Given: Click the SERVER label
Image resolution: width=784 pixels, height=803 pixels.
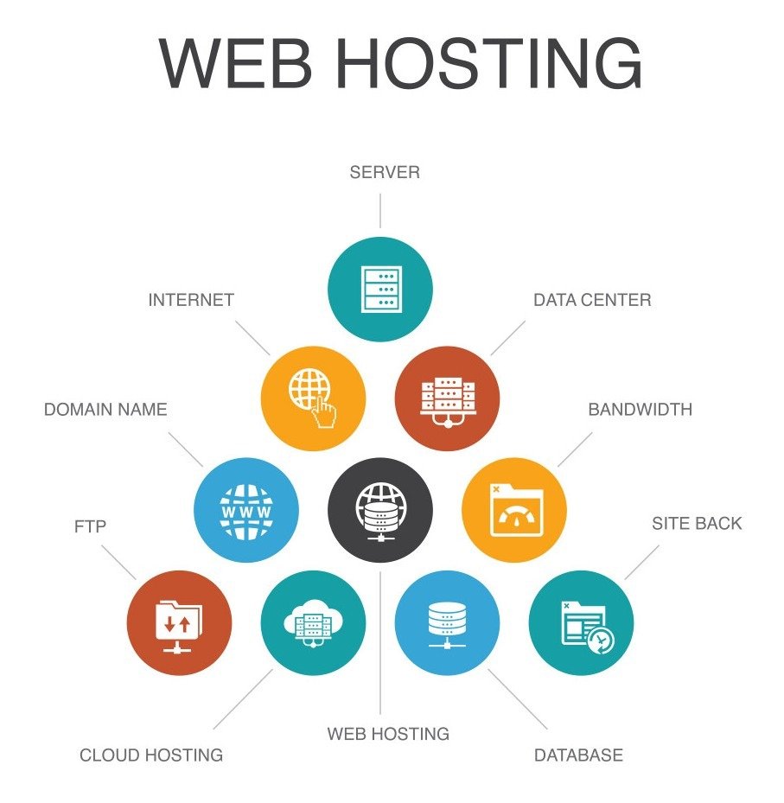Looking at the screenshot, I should pos(385,172).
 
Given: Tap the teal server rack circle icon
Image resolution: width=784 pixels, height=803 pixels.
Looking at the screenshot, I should pos(380,289).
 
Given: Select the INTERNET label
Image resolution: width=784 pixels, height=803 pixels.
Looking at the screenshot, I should pos(191,300).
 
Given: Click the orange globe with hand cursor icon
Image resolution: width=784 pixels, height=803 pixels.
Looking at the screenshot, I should pos(314,398).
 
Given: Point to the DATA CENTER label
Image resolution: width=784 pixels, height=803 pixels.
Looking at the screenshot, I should pos(592,300).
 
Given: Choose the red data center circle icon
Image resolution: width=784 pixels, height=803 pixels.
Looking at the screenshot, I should pos(447,398).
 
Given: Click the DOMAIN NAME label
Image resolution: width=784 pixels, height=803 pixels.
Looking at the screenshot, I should pos(105,409).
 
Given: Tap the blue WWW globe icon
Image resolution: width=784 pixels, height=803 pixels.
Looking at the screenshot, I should pos(246,509).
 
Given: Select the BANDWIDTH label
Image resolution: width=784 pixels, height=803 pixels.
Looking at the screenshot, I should pos(640,409).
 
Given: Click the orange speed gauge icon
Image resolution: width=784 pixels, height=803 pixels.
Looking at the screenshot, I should pos(514,509).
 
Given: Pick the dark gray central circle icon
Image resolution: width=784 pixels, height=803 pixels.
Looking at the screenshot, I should pos(380,509).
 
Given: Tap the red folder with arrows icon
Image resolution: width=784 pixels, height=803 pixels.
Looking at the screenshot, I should pos(179,621).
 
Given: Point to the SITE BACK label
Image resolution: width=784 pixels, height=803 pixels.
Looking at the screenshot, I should pos(697,523).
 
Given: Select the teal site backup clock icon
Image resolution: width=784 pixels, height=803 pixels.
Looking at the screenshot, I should pos(582,621).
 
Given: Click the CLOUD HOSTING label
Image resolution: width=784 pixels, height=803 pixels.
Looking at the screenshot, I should pos(151,755).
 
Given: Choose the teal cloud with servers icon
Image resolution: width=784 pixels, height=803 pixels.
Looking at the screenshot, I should pos(313,621).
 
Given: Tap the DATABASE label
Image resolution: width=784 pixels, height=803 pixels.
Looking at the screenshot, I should pos(578,755).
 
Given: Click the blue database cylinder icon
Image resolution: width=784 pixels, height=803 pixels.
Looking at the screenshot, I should pos(447,621).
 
